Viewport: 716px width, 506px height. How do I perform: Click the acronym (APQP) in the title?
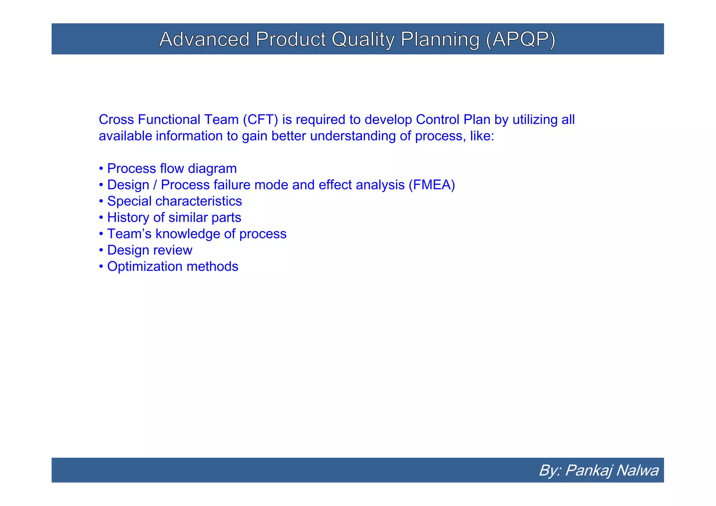520,39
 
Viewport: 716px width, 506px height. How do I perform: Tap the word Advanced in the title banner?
204,39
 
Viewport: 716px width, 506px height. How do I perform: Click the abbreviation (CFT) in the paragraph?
260,120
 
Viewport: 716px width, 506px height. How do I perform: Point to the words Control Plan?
453,120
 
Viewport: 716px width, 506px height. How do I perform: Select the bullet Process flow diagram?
171,168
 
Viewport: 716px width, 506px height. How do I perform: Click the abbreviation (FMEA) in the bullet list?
432,185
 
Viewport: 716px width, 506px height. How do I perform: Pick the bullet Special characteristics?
174,201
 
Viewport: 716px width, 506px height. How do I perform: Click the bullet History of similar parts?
174,218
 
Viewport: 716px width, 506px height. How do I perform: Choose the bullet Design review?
149,250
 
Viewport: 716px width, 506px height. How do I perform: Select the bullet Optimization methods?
172,267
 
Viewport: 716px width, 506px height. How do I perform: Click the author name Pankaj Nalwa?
611,470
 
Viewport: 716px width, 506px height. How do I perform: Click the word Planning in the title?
440,39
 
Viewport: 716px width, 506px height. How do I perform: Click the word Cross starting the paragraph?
116,120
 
